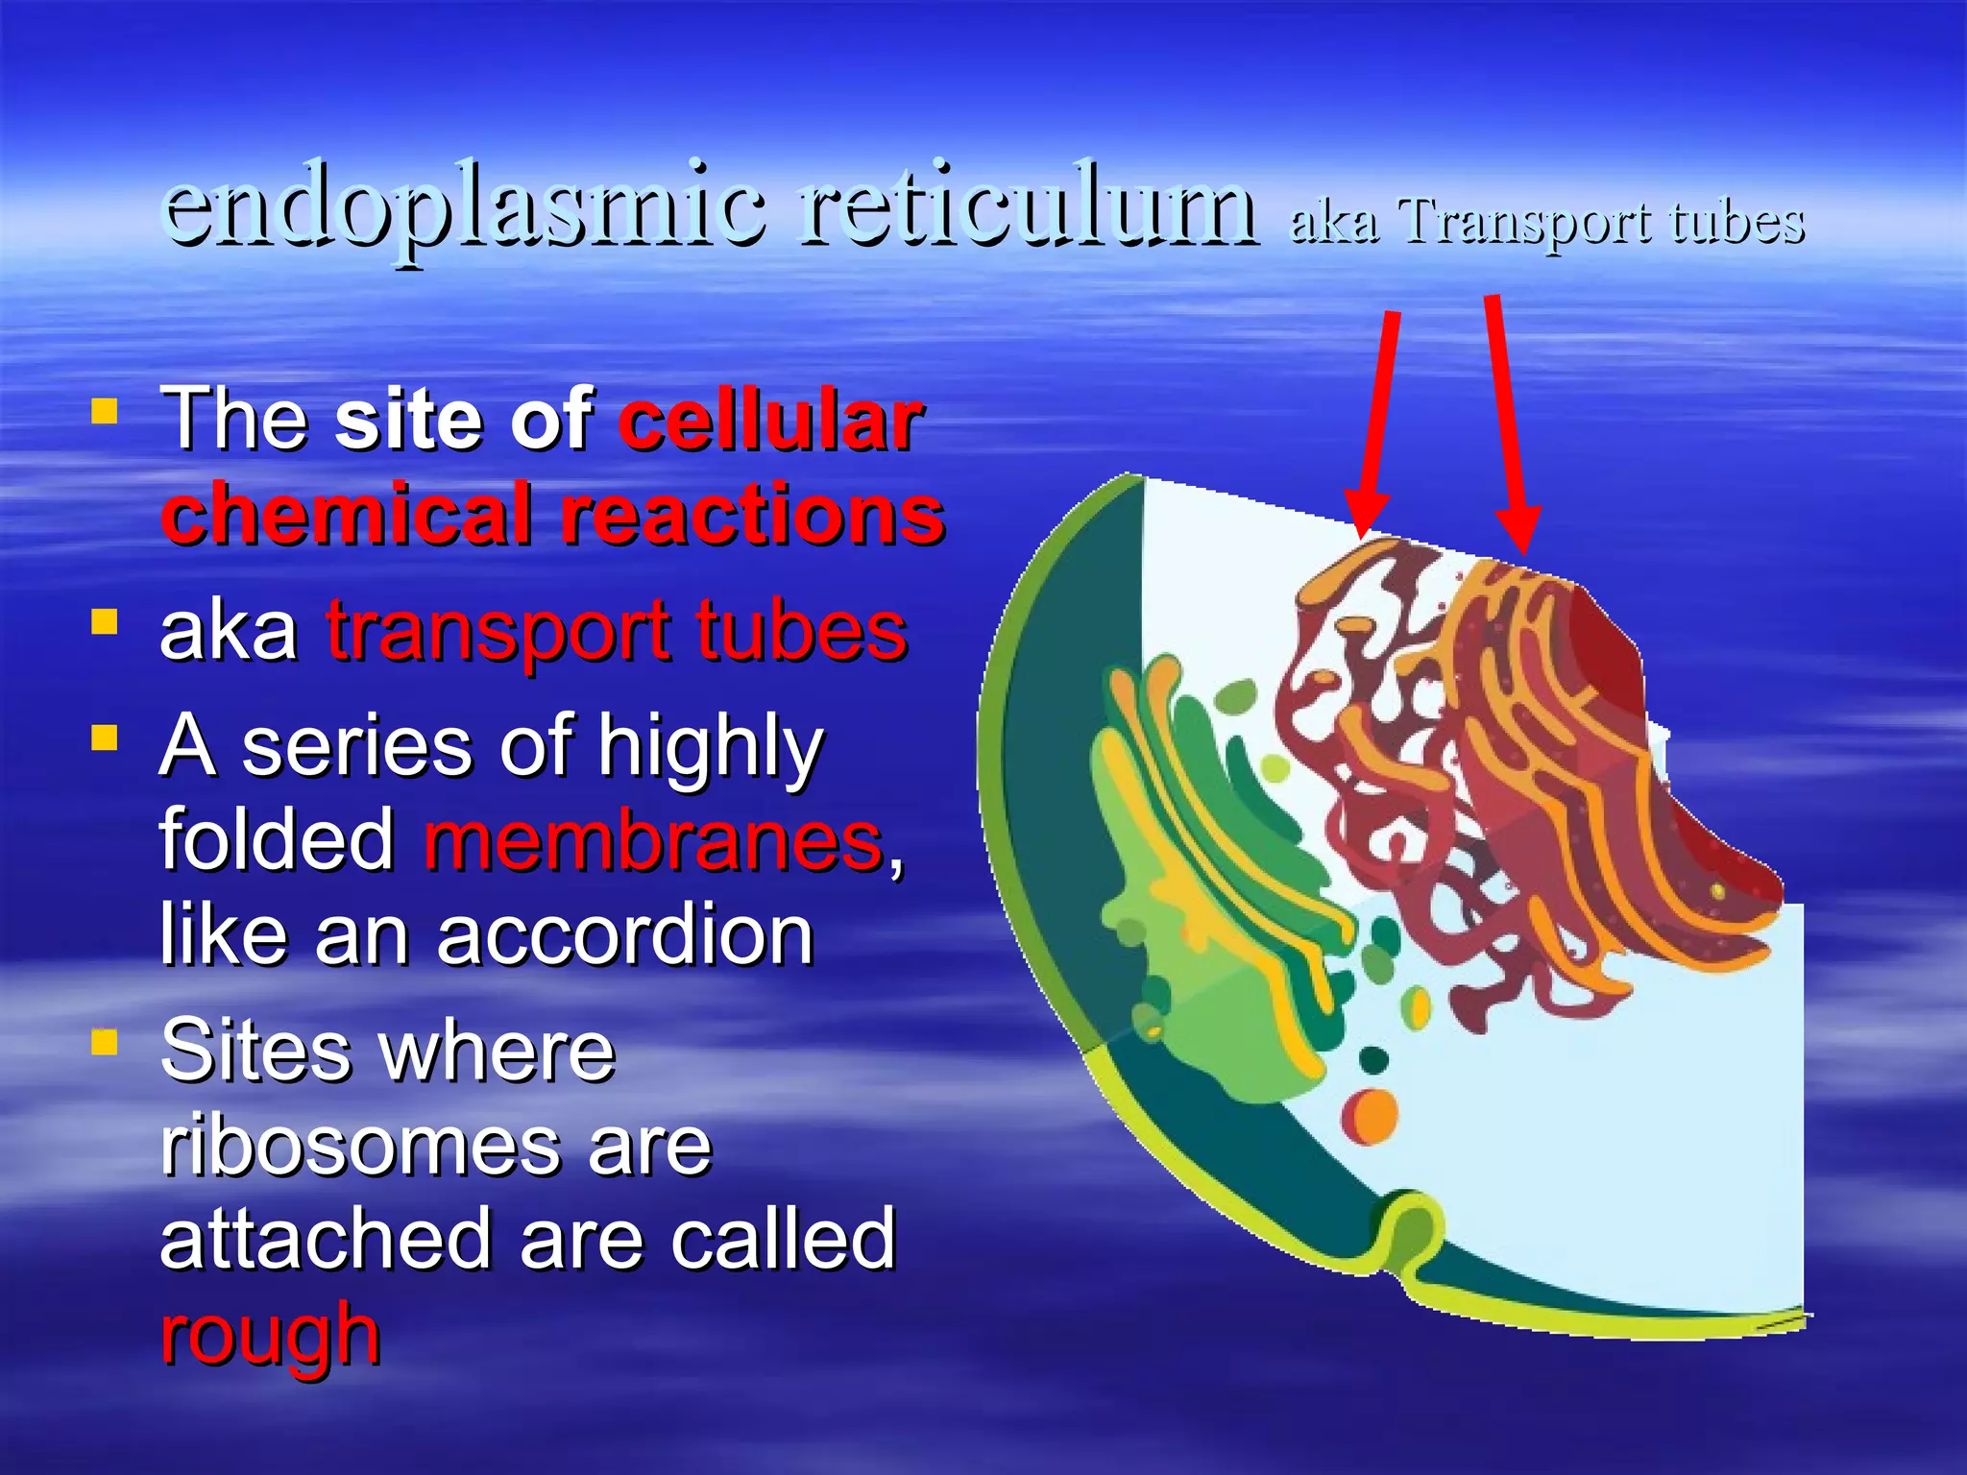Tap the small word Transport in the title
click(x=1527, y=223)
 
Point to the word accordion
click(x=625, y=934)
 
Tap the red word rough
click(x=270, y=1335)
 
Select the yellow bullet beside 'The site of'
click(x=105, y=413)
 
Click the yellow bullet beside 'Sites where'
click(x=105, y=1042)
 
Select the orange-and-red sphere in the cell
click(x=1371, y=1117)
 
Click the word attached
click(x=327, y=1239)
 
